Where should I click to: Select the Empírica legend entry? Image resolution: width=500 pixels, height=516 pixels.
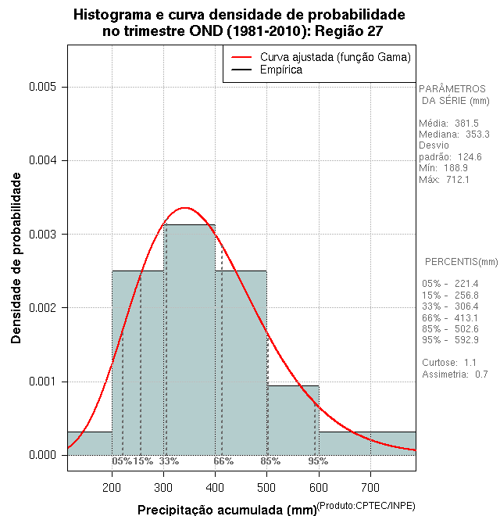[x=280, y=70]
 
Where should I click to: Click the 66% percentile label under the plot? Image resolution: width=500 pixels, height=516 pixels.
[x=223, y=461]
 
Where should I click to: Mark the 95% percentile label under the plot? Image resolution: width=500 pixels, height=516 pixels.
[x=318, y=461]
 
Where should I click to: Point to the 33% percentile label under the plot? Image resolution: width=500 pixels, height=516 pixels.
[x=169, y=461]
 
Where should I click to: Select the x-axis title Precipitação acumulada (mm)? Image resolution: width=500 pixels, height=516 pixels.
[x=227, y=511]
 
